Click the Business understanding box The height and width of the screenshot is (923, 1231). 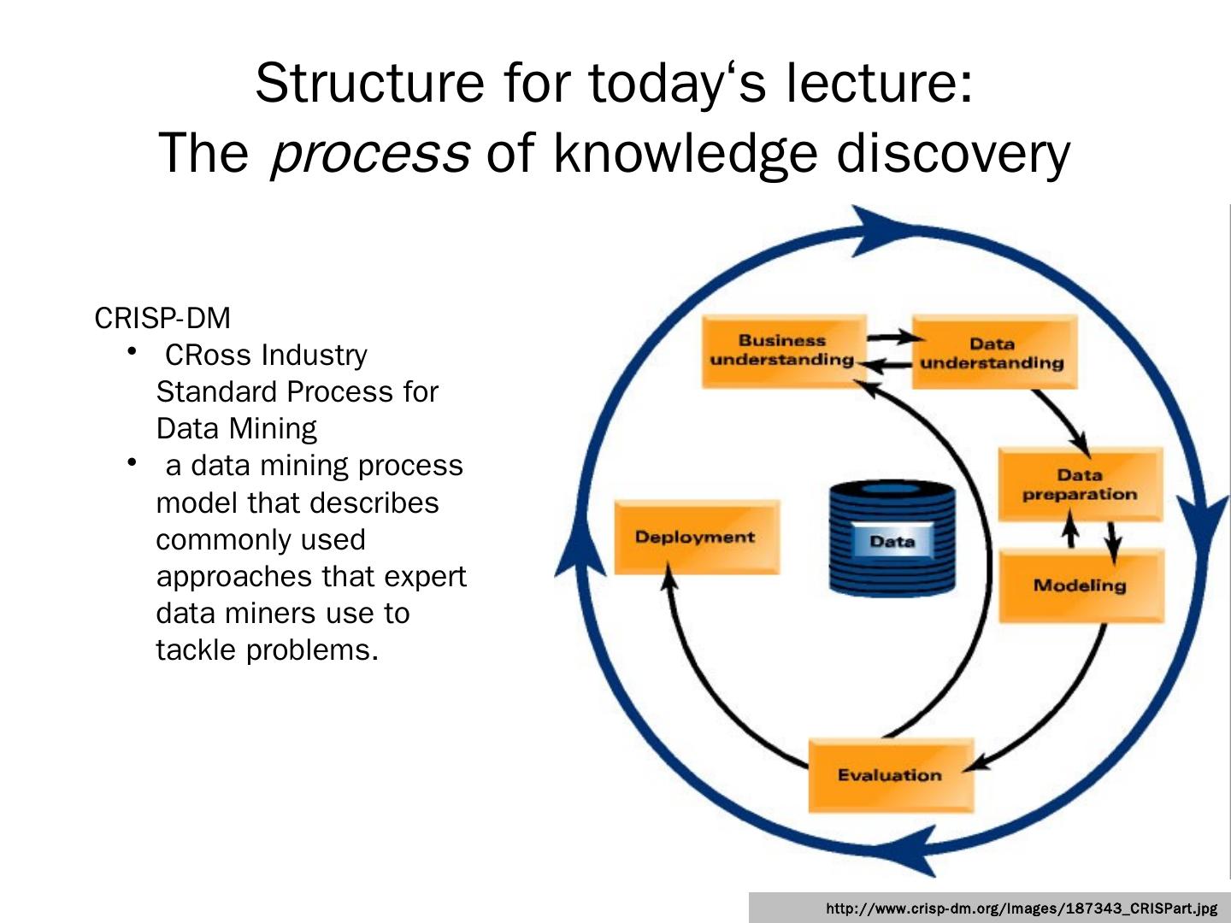point(782,350)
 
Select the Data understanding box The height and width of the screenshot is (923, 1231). point(992,353)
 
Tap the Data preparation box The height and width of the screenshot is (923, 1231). point(1080,485)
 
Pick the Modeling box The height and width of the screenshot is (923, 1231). point(1080,585)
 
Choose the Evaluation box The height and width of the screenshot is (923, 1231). point(890,775)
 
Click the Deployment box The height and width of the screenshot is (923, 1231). point(695,537)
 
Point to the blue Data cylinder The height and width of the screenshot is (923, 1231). point(892,538)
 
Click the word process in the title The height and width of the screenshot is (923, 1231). point(369,154)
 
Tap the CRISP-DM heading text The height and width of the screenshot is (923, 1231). point(162,318)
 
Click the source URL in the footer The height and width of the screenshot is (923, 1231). point(1022,908)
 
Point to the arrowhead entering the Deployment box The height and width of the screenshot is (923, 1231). point(670,581)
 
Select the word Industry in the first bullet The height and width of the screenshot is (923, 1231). point(314,355)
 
